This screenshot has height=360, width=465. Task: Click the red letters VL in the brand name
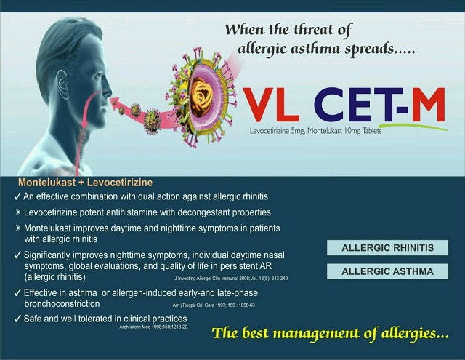point(271,105)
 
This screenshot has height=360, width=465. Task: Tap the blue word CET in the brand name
point(354,105)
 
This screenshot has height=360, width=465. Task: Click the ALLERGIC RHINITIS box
point(387,248)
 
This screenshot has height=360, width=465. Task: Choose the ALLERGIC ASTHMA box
point(387,271)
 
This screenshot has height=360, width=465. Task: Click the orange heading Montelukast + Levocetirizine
point(86,183)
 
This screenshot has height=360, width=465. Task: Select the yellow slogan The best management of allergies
point(330,334)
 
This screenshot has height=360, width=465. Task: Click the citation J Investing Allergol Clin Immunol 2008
point(231,279)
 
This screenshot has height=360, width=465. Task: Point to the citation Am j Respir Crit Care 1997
point(214,305)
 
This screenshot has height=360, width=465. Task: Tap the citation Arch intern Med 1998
point(153,327)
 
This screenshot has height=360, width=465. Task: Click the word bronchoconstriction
point(62,304)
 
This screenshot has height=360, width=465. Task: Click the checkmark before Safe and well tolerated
point(18,319)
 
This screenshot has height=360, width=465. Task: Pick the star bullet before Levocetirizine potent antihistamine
point(18,212)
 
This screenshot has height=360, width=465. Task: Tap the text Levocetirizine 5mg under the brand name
point(277,131)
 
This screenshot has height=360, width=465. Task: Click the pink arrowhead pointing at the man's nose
point(115,103)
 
